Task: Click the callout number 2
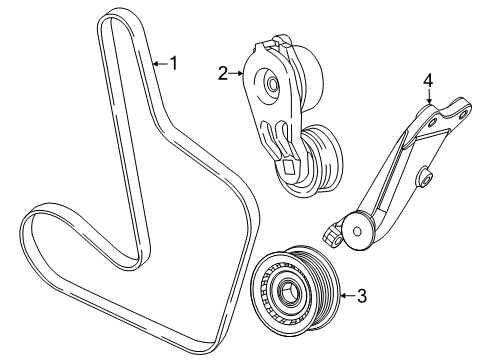click(223, 71)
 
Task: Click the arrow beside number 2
click(239, 71)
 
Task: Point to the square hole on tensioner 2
click(289, 167)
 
